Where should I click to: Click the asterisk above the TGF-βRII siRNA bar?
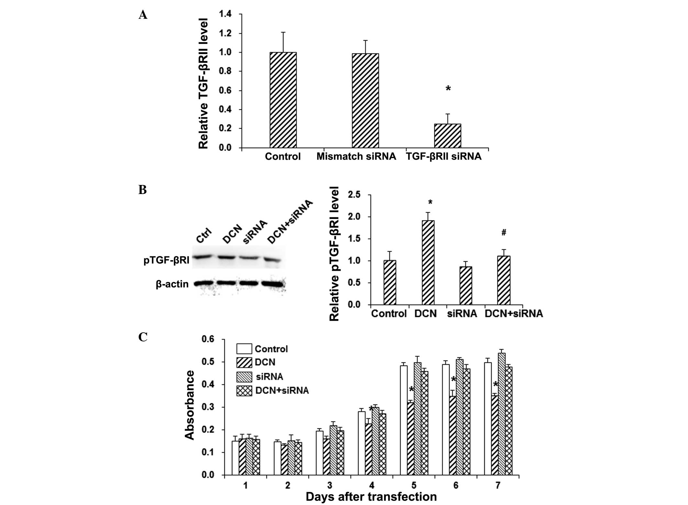tap(448, 88)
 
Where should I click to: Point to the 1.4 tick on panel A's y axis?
tap(225, 14)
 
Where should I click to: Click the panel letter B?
tap(142, 190)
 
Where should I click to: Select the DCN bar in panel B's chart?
tap(428, 262)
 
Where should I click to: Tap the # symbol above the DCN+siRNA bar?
tap(504, 232)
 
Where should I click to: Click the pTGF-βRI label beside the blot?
tap(166, 260)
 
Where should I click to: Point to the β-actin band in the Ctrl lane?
tap(203, 283)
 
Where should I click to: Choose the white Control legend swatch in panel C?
tap(244, 349)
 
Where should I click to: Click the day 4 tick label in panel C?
tap(372, 485)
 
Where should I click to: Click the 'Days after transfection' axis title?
tap(371, 497)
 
